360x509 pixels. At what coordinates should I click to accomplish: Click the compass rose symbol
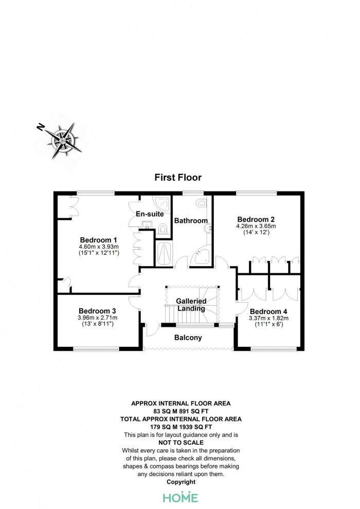pyautogui.click(x=63, y=141)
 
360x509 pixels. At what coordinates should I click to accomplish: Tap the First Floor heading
pyautogui.click(x=178, y=178)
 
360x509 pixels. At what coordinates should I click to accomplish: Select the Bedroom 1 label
pyautogui.click(x=98, y=240)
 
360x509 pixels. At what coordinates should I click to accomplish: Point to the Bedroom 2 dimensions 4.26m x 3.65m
pyautogui.click(x=256, y=226)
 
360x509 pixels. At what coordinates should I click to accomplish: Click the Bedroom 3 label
pyautogui.click(x=97, y=311)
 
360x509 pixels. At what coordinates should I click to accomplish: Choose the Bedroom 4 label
pyautogui.click(x=268, y=312)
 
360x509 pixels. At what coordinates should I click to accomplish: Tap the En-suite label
pyautogui.click(x=150, y=214)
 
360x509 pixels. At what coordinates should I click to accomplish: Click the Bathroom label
pyautogui.click(x=191, y=221)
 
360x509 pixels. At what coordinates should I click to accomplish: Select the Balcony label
pyautogui.click(x=188, y=338)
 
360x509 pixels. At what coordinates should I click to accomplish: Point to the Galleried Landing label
pyautogui.click(x=191, y=305)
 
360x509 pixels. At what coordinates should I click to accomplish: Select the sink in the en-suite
pyautogui.click(x=148, y=224)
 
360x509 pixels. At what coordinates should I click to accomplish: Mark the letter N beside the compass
pyautogui.click(x=41, y=127)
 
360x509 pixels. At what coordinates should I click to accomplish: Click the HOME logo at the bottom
pyautogui.click(x=181, y=497)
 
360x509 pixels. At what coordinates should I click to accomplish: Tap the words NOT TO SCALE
pyautogui.click(x=181, y=443)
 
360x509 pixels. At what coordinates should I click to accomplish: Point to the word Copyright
pyautogui.click(x=181, y=482)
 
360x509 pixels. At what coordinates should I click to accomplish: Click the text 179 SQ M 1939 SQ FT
pyautogui.click(x=181, y=427)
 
